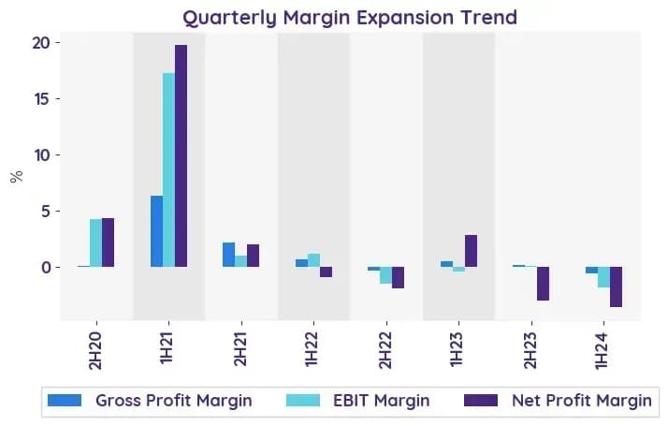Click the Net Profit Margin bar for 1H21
pos(182,155)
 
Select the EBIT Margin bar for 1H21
pos(169,169)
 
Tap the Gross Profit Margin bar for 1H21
pos(157,231)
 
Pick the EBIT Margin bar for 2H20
pos(95,243)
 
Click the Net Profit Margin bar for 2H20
pos(108,242)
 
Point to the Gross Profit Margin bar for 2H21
pos(229,255)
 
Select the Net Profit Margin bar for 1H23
pos(472,251)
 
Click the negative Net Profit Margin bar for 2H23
pos(543,284)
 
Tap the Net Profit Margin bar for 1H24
pos(616,287)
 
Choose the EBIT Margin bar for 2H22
pos(386,275)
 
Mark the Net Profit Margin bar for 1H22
pos(326,272)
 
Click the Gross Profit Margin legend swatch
pos(65,401)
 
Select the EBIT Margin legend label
pos(382,401)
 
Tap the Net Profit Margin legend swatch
pos(481,401)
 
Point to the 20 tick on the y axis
pos(57,43)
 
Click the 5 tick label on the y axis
pos(46,212)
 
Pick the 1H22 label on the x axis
pos(312,349)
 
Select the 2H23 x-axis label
pos(530,350)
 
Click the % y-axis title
pos(17,177)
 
